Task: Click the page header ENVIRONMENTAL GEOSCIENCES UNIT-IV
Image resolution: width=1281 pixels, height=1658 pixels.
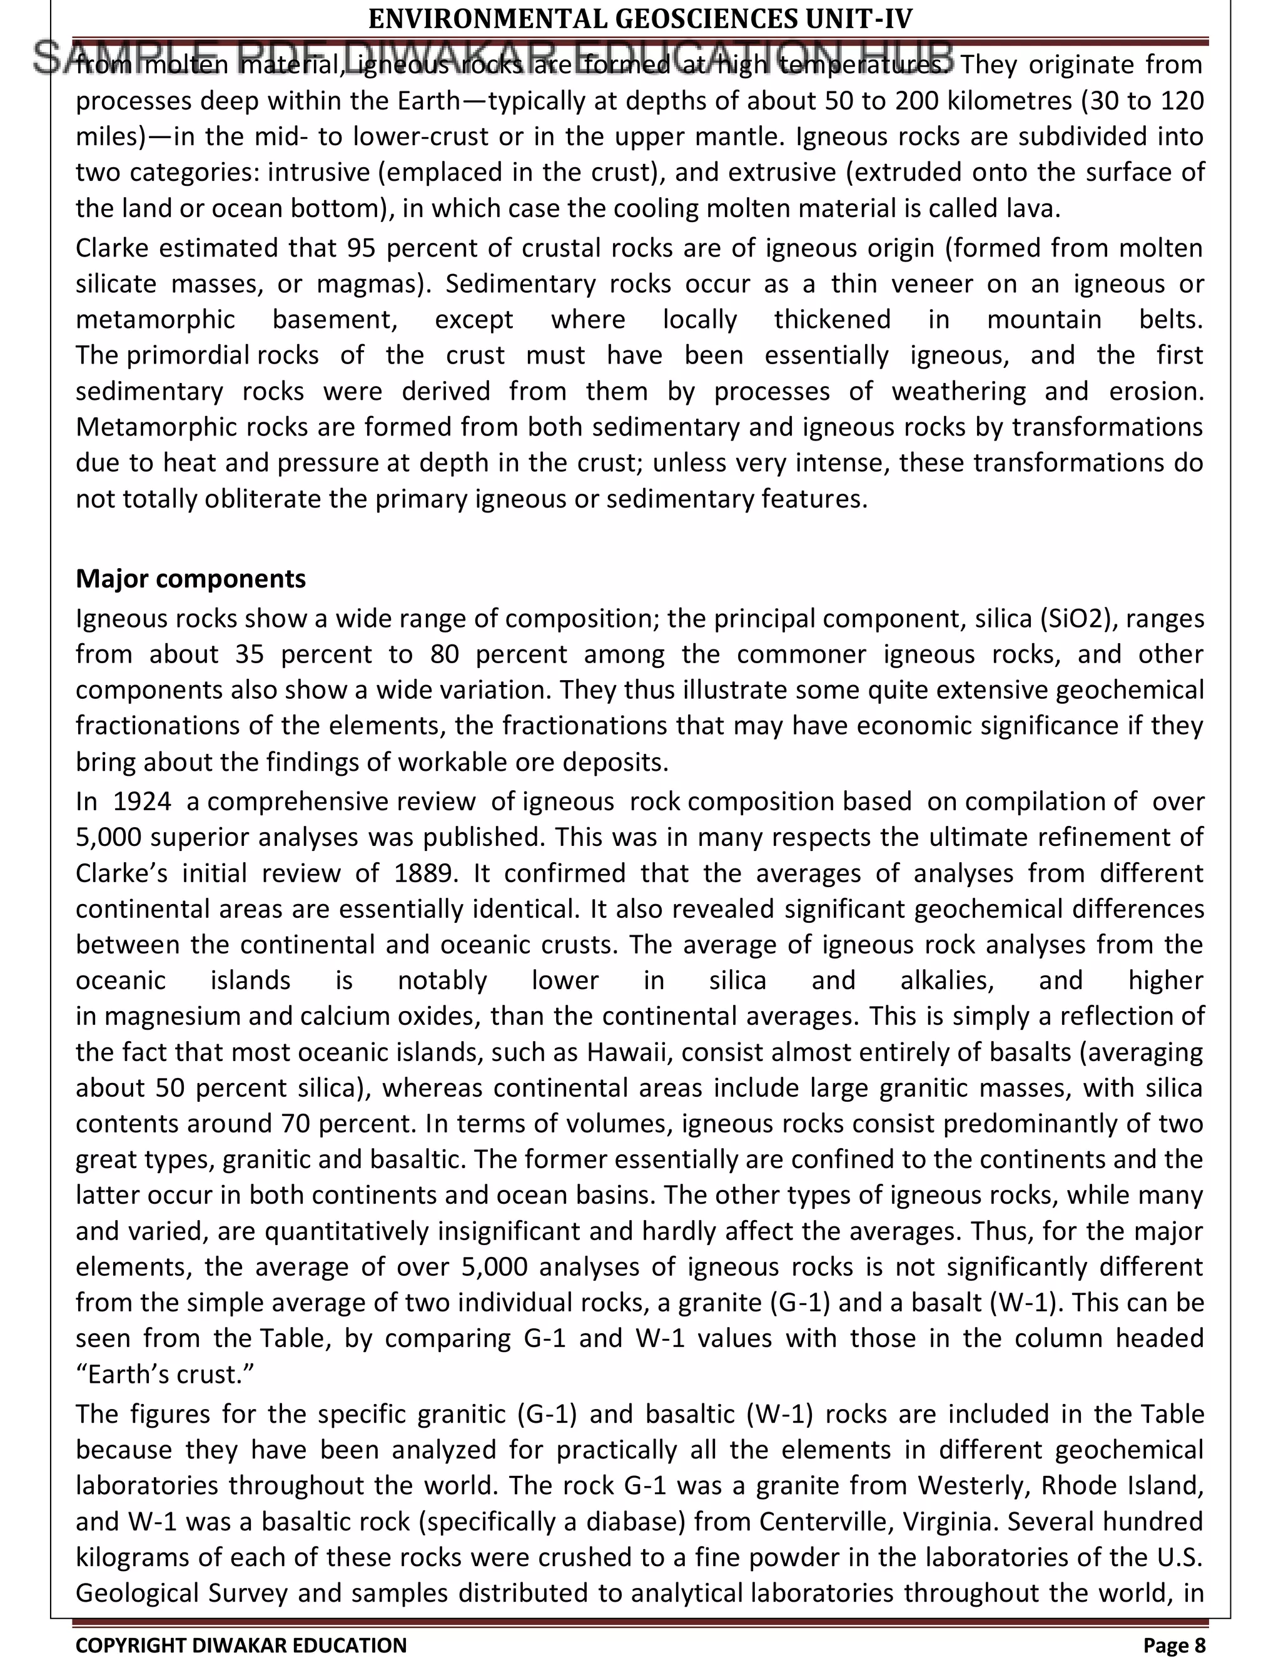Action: [x=640, y=18]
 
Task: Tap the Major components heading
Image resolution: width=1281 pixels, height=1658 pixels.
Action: [x=191, y=579]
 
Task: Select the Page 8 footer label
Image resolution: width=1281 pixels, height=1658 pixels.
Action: [x=1174, y=1645]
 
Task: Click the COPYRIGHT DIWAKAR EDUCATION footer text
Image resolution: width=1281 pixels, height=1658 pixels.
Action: [x=241, y=1645]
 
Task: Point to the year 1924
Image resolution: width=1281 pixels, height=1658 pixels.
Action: [x=142, y=801]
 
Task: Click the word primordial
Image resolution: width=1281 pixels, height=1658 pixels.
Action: [x=188, y=355]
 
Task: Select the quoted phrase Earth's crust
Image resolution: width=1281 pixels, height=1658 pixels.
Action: [x=165, y=1374]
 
